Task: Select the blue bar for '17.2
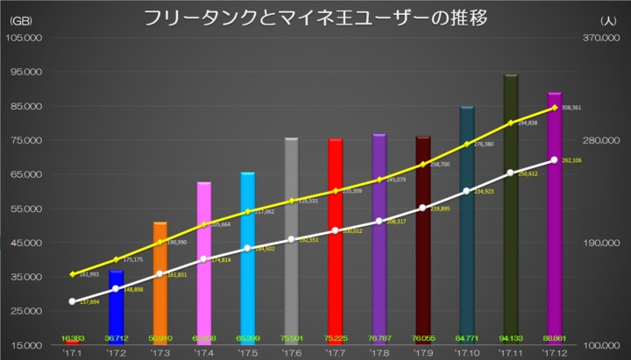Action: coord(117,307)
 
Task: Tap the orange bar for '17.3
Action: coord(160,280)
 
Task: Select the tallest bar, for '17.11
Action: coord(511,210)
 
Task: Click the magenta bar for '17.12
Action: coord(555,219)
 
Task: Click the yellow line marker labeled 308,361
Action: coord(555,108)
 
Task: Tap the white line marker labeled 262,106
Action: coord(555,159)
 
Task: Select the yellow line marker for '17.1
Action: coord(73,274)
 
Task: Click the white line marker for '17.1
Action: coord(73,301)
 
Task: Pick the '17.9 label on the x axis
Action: coord(423,353)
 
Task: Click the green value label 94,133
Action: coord(511,338)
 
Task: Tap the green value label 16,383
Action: coord(73,338)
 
